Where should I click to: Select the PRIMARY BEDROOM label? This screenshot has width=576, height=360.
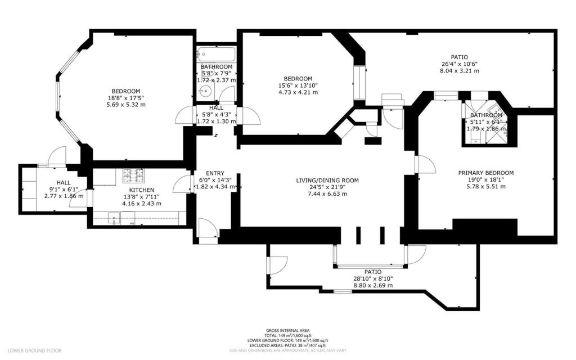point(485,173)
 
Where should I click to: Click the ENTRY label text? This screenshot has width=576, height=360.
point(215,173)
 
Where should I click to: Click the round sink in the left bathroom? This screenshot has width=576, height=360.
point(207,91)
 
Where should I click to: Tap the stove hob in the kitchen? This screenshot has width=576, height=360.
point(133,176)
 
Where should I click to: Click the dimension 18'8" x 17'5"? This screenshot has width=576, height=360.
point(125,98)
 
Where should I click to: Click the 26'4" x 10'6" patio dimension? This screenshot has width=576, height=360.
point(460,64)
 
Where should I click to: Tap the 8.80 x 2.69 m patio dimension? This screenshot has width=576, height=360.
point(372,285)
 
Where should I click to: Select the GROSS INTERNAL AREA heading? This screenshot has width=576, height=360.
point(287,330)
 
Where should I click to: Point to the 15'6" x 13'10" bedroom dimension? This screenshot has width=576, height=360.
point(298,85)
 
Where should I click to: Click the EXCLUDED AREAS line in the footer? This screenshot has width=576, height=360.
point(287,345)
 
